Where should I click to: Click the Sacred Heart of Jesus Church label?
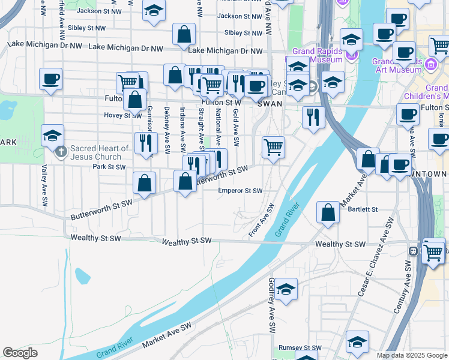(x=100, y=152)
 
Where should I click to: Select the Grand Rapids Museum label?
(x=318, y=55)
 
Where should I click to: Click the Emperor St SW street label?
(x=240, y=191)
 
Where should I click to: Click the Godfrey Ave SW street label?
(x=272, y=306)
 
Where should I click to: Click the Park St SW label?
(x=109, y=167)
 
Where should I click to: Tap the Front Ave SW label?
(x=262, y=220)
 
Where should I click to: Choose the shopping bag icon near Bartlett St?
(x=328, y=212)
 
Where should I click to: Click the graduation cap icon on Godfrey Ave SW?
(x=286, y=289)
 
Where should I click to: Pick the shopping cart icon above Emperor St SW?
(x=273, y=145)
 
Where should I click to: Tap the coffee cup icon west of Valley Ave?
(x=51, y=79)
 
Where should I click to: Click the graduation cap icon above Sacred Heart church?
(x=53, y=135)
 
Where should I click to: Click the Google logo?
(x=20, y=353)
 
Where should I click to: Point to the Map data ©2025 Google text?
(x=411, y=355)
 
